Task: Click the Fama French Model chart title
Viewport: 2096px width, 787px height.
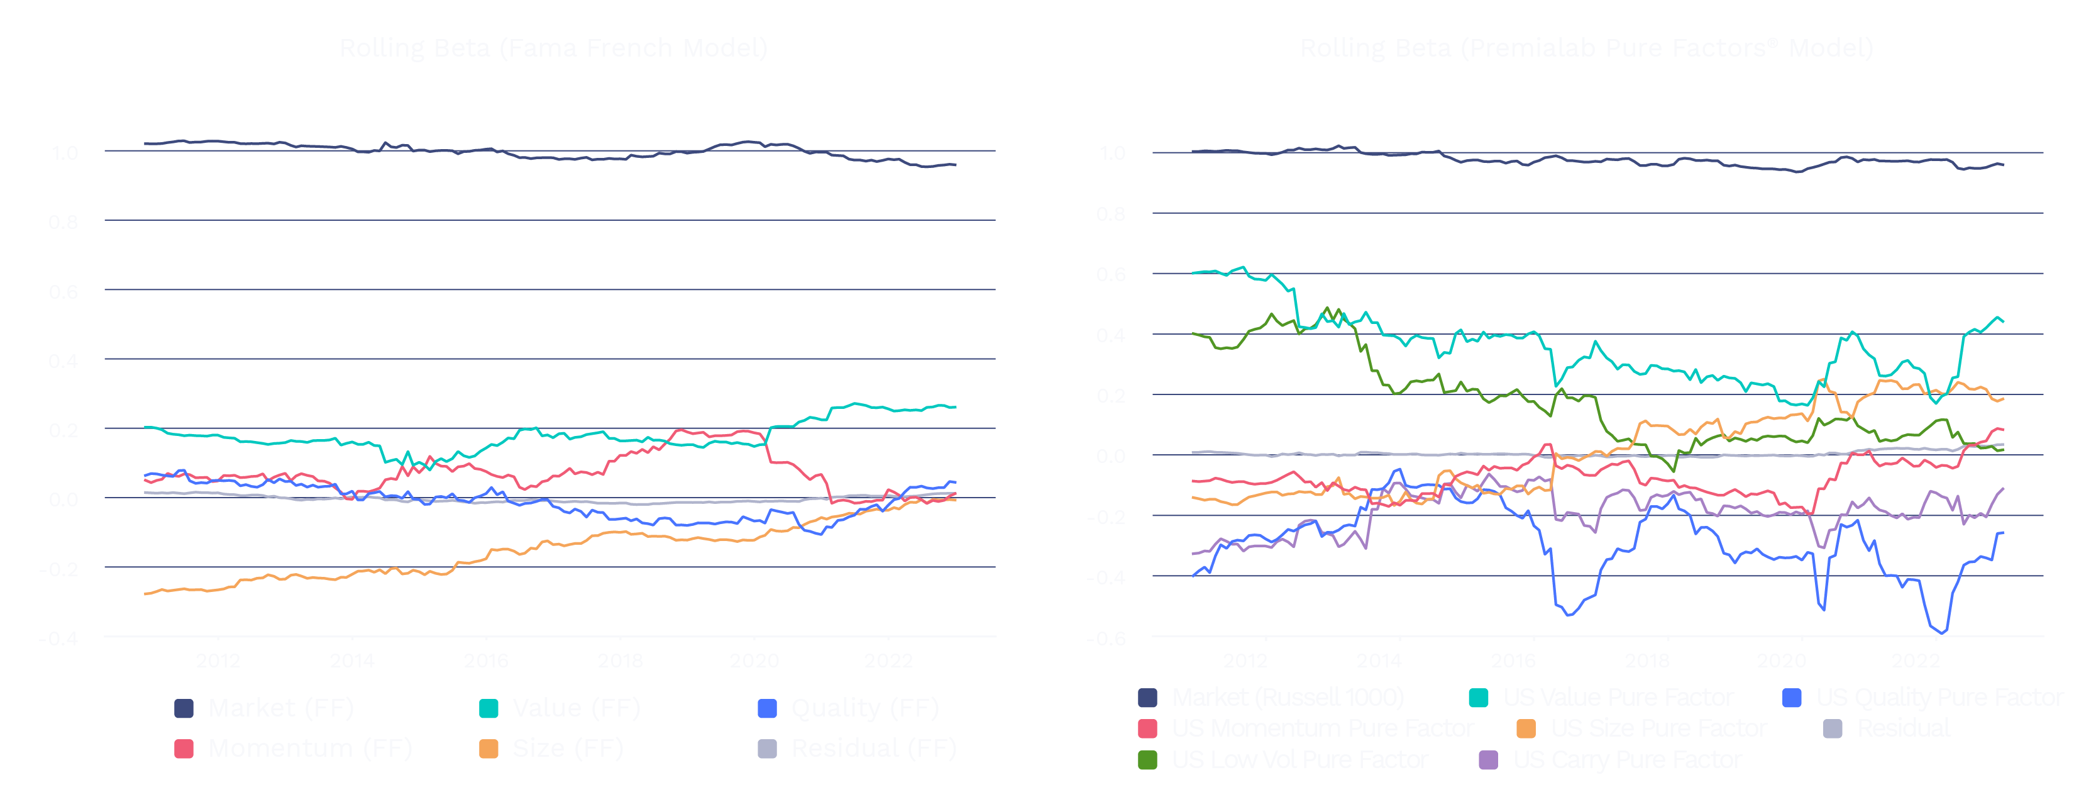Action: (x=553, y=48)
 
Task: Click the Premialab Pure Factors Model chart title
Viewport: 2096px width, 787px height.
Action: (x=1586, y=48)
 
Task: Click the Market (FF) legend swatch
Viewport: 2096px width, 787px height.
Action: (x=184, y=708)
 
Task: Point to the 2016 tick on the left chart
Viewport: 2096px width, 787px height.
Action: (x=486, y=660)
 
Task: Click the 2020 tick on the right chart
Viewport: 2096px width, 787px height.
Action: (x=1781, y=660)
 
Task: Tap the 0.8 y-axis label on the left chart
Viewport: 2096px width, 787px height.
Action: (x=63, y=222)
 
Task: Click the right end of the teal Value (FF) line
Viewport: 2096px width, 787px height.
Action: (x=955, y=407)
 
